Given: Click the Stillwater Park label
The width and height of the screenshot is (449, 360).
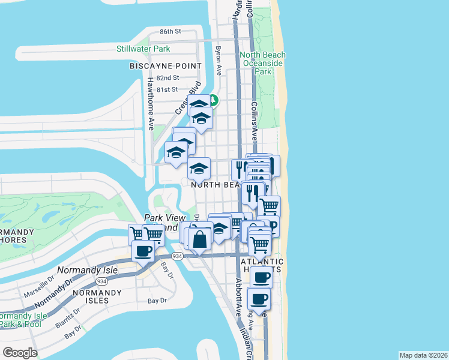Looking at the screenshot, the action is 143,49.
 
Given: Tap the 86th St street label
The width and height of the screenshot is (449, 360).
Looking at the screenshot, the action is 170,31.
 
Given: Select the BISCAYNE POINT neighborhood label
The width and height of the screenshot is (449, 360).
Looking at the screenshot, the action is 159,65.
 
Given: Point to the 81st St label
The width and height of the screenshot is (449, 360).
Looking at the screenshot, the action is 167,89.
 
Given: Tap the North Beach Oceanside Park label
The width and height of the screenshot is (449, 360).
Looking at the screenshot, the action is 263,63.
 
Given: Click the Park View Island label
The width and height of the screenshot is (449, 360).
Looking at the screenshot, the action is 161,223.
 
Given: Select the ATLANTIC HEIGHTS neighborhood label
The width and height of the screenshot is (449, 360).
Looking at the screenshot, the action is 262,266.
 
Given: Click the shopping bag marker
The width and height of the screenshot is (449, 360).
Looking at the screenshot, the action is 200,239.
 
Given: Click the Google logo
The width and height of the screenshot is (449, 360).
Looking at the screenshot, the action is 20,353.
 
